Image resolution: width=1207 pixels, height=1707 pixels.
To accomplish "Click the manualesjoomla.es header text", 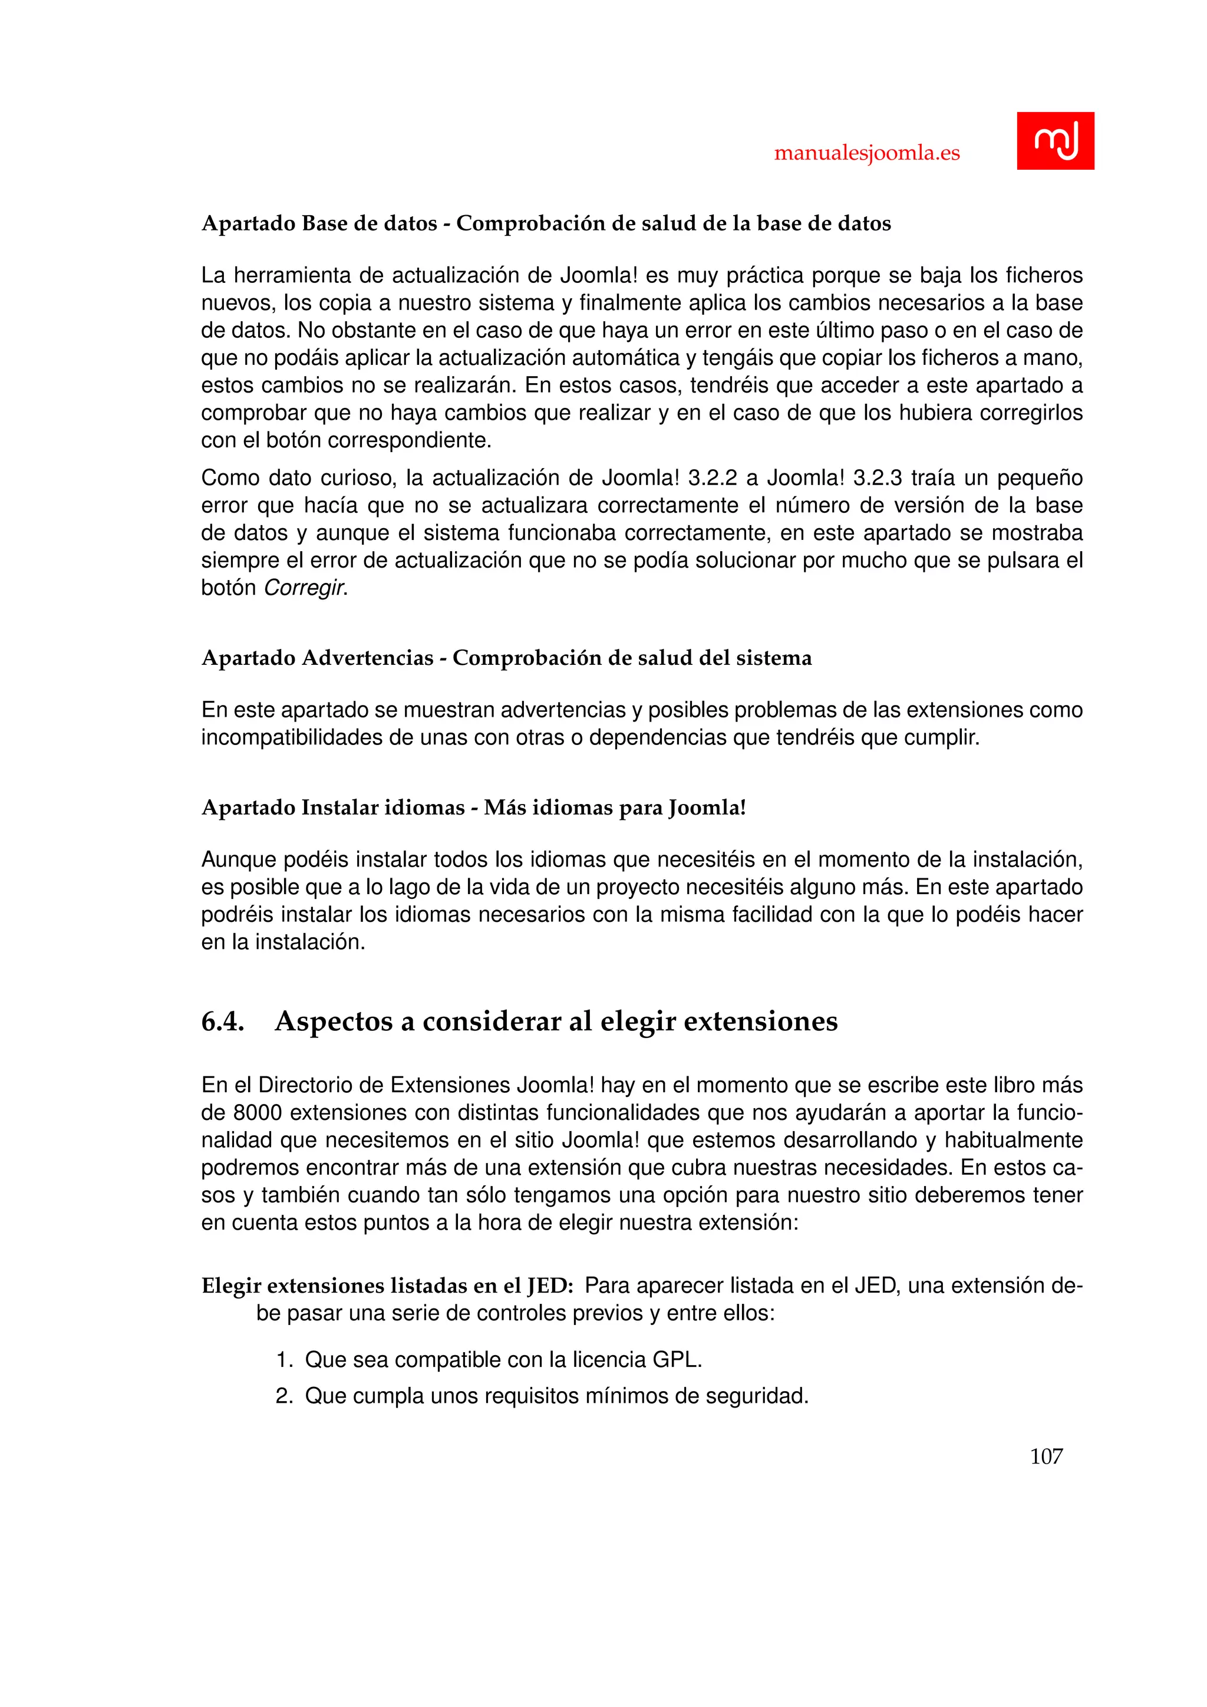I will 866,153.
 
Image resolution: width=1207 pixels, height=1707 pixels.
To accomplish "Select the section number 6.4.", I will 222,1021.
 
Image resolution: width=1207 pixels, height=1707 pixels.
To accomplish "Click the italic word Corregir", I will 305,588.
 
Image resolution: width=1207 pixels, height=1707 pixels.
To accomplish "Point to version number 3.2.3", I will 877,478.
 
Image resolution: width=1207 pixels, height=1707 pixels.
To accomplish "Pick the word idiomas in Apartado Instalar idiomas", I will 424,808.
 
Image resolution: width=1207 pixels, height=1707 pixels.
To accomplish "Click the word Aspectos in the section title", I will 333,1021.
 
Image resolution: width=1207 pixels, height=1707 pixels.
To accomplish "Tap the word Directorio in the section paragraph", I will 321,1086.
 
